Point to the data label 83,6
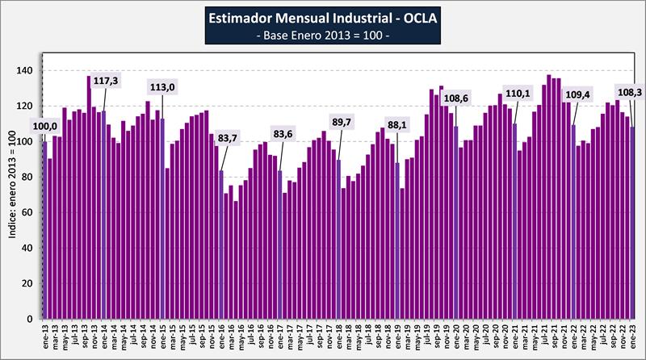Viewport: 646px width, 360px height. tap(283, 134)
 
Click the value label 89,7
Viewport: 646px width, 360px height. tap(343, 122)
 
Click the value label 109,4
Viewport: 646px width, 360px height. tap(577, 94)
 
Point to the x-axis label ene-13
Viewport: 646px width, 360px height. tap(44, 337)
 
